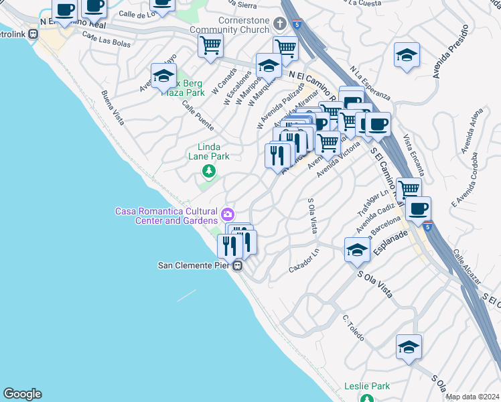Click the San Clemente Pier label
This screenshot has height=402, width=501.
tap(194, 265)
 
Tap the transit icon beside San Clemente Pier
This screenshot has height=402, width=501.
tap(238, 266)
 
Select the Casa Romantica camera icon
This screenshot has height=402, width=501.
tap(228, 214)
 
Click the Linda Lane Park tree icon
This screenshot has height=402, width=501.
tap(209, 172)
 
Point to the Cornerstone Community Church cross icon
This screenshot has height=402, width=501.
tap(281, 27)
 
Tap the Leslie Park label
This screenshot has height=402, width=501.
tap(366, 387)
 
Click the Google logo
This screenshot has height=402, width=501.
tap(22, 394)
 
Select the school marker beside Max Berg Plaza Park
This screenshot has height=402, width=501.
tap(163, 77)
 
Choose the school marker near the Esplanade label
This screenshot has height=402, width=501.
tap(357, 251)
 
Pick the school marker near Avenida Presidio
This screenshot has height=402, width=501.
tap(407, 57)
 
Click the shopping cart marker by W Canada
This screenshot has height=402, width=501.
tap(211, 47)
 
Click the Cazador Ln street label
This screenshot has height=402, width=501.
tap(303, 263)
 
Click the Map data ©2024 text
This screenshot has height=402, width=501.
tap(472, 397)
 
